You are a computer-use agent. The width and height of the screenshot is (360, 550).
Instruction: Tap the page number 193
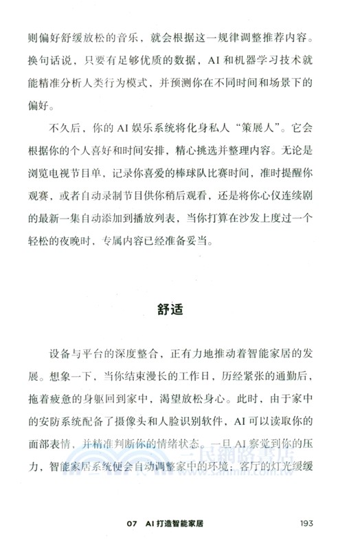[x=307, y=523]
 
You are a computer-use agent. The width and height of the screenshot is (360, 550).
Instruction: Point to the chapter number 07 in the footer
[x=133, y=523]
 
